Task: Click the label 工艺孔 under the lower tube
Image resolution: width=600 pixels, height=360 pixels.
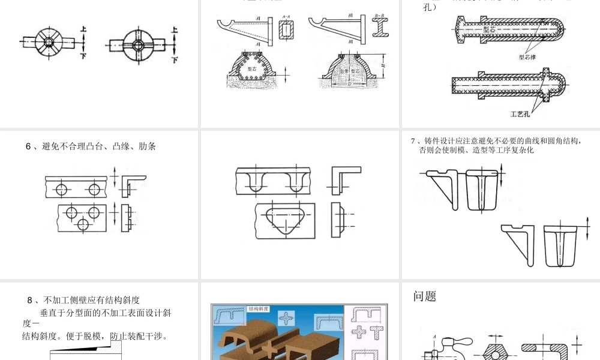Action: [520, 113]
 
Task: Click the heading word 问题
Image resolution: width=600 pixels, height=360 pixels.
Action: [425, 296]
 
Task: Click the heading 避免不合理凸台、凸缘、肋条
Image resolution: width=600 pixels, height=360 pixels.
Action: [91, 146]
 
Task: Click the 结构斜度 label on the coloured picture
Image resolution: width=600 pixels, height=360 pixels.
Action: [259, 309]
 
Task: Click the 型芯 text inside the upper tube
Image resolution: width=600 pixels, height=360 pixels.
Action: [490, 29]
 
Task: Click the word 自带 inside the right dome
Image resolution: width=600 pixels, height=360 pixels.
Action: [344, 71]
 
